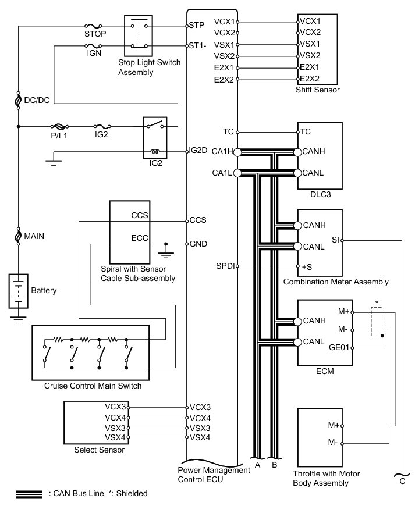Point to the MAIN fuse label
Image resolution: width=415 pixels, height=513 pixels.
(34, 237)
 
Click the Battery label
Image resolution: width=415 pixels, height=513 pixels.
(43, 290)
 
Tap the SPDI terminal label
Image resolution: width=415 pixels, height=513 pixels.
(226, 266)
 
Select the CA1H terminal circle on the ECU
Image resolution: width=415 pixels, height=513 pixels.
(237, 152)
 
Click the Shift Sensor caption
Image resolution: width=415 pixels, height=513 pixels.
(317, 90)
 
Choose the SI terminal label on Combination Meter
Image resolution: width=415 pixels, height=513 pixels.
(335, 239)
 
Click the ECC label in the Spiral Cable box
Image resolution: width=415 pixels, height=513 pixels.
(140, 238)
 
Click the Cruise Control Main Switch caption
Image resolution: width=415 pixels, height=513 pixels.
(93, 386)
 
